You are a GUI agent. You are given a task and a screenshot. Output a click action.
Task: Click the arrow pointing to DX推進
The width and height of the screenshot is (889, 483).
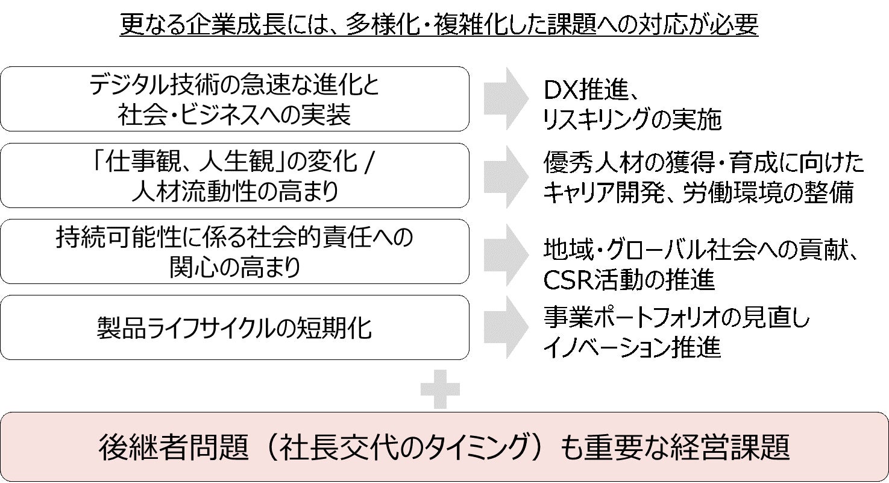point(505,99)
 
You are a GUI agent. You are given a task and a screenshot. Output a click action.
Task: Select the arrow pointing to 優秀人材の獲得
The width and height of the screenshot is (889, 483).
point(505,175)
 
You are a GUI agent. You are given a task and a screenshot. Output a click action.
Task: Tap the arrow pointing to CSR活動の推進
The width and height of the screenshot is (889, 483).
point(505,251)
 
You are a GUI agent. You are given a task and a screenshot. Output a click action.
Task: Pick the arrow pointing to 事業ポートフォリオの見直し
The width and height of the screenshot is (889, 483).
point(505,327)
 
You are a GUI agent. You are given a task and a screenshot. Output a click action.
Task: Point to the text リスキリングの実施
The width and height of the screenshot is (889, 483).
point(632,120)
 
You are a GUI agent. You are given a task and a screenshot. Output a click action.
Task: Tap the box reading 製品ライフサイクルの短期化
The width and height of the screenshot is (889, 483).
point(234,328)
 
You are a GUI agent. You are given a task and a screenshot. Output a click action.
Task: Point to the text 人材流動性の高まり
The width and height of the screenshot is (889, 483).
point(234,191)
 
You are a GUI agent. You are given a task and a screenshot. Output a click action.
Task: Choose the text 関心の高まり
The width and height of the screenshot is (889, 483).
point(234,267)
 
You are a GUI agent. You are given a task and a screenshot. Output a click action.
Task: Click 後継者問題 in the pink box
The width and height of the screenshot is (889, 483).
point(164,447)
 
